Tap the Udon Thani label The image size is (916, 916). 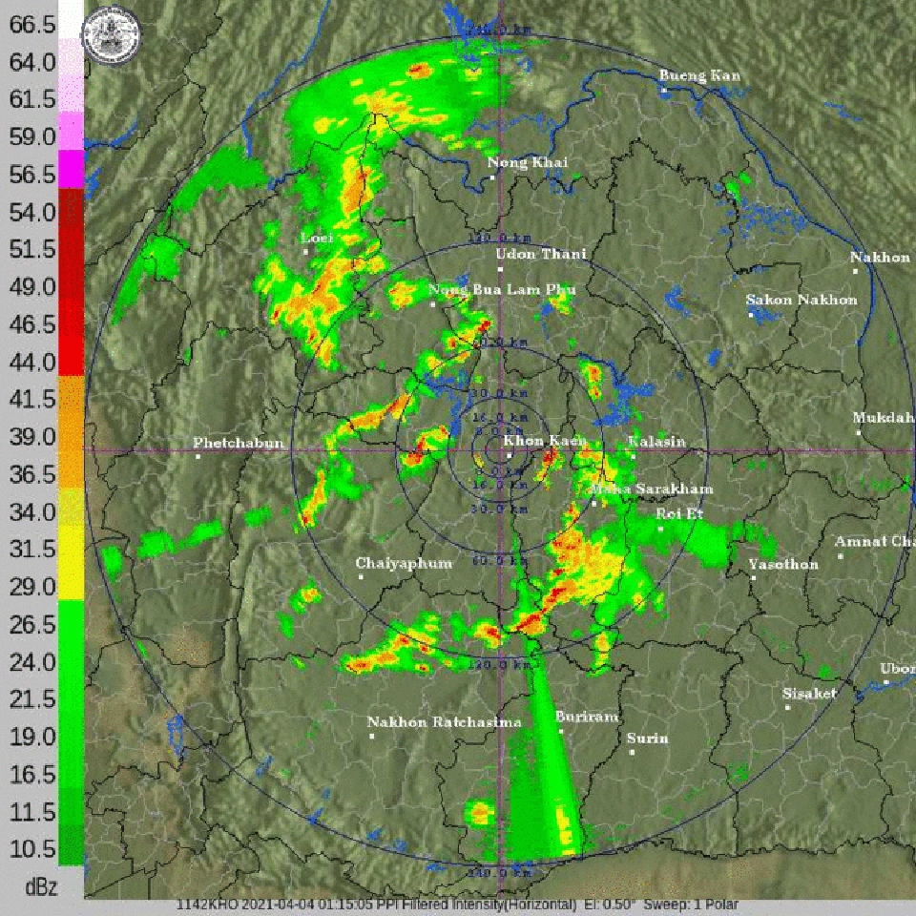coord(541,255)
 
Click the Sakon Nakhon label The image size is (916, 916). coord(801,300)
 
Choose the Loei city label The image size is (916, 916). coord(316,238)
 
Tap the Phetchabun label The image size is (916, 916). coord(238,444)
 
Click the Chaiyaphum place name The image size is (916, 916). coord(404,563)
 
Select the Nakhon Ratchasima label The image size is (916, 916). coord(444,722)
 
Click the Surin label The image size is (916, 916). coord(648,739)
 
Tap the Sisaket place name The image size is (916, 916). coord(809,694)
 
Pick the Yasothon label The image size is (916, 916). coord(782,564)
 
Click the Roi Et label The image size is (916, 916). coord(676,514)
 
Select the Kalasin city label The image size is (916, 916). coord(656,442)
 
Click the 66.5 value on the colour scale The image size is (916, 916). coord(32,26)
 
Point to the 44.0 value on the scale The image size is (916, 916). coord(32,362)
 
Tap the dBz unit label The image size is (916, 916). coord(40,887)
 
